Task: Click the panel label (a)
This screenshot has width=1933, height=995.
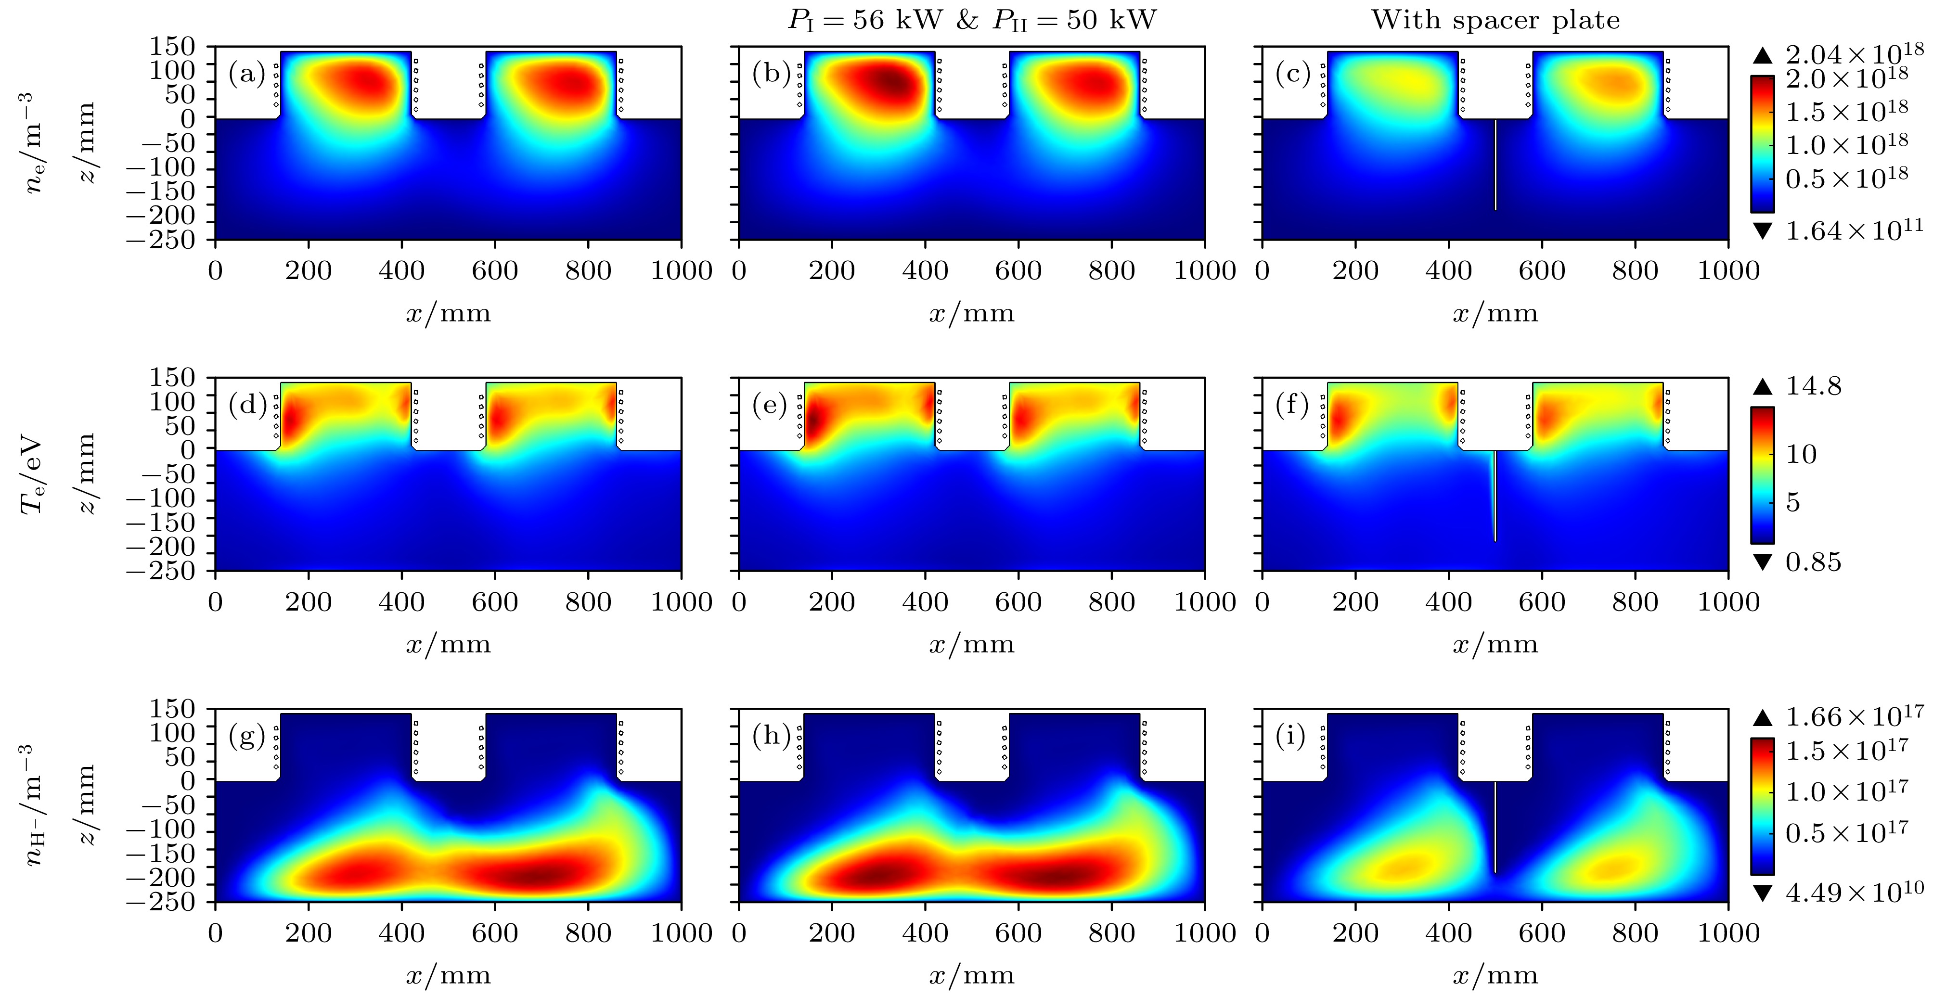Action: tap(247, 74)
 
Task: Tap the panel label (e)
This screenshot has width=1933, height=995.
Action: tap(771, 405)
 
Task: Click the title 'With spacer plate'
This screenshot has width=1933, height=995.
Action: tap(1495, 20)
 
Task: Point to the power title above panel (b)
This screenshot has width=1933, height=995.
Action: tap(972, 20)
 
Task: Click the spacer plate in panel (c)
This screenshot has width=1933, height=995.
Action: tap(1495, 165)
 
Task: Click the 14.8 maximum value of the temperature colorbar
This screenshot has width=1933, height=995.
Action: tap(1813, 386)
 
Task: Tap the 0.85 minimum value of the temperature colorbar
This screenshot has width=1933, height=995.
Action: tap(1813, 562)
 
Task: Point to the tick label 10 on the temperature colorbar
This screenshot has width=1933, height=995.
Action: tap(1801, 454)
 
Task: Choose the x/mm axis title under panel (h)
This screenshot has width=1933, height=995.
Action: tap(972, 975)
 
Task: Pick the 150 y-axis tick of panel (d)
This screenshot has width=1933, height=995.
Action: tap(173, 377)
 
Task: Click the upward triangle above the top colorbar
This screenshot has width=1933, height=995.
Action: tap(1763, 55)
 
